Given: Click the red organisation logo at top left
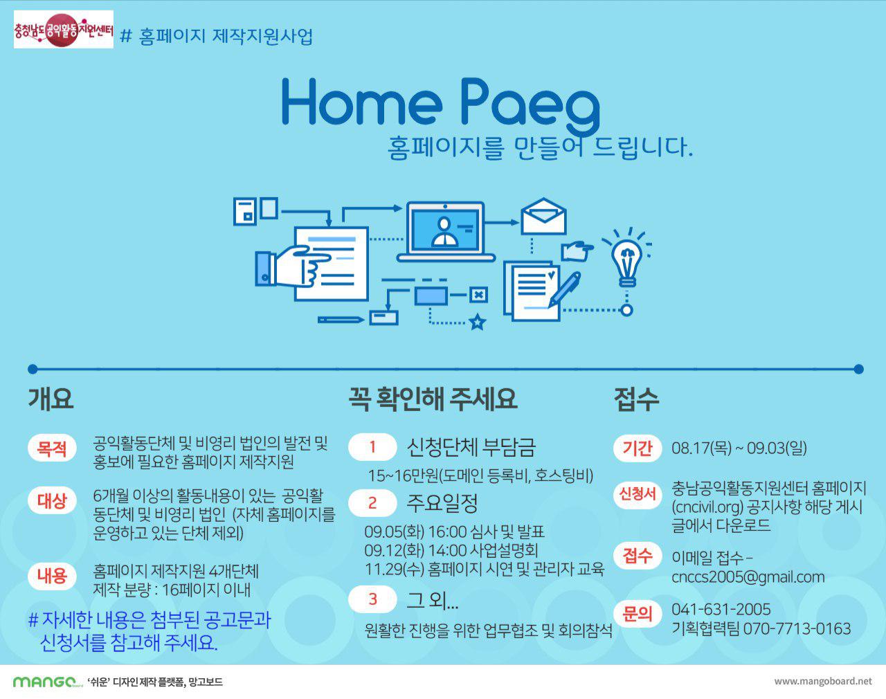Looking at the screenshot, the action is (64, 29).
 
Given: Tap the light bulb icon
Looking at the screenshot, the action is (626, 257).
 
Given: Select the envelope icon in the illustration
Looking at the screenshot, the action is (543, 216).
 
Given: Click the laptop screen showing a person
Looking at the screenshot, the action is (446, 229).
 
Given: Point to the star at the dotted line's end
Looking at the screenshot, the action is (478, 322).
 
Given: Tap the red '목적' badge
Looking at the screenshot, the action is (52, 448).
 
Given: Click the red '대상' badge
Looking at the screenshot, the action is (52, 500).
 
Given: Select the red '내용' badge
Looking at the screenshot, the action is (52, 575).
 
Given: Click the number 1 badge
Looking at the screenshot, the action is (372, 447).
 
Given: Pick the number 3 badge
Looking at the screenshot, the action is (372, 599).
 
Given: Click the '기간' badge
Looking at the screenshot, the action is (638, 448).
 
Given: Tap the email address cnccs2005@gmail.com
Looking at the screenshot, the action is (748, 577).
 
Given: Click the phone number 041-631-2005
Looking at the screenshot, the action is (721, 609).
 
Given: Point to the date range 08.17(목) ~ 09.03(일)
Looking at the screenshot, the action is (739, 448).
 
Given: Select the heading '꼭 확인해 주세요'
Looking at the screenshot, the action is (433, 399).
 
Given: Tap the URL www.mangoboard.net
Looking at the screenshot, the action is (822, 681).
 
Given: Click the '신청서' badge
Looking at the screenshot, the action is (638, 494).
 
